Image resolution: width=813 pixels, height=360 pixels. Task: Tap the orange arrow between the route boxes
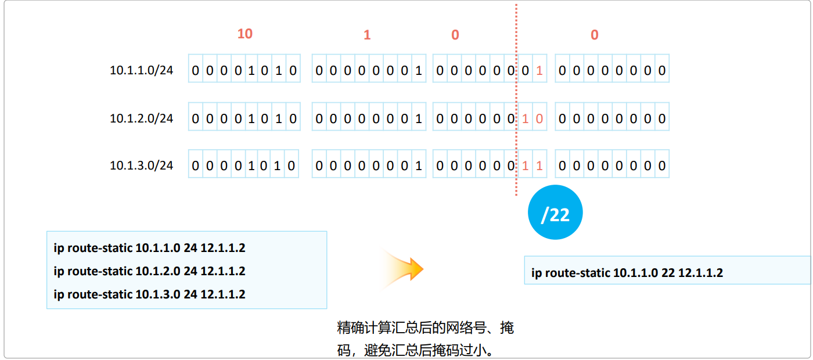(x=404, y=269)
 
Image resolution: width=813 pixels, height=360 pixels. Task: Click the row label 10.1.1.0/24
(x=142, y=70)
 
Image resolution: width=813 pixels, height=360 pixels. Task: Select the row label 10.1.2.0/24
(x=142, y=118)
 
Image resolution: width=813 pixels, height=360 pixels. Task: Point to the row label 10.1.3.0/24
(x=142, y=165)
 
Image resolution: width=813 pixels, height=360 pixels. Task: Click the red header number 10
(x=245, y=34)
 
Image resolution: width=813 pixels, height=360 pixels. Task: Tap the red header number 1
(x=367, y=35)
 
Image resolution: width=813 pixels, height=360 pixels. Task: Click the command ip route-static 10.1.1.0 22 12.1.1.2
(x=627, y=272)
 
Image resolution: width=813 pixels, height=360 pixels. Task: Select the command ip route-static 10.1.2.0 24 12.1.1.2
(x=149, y=271)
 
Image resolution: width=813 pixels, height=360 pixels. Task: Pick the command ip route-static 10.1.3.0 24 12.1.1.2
(x=149, y=294)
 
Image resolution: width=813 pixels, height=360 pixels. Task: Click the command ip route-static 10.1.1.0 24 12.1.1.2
(x=149, y=249)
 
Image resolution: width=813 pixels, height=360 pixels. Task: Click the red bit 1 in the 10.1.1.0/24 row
(x=539, y=71)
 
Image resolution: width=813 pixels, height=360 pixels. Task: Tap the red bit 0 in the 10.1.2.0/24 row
(x=539, y=119)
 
